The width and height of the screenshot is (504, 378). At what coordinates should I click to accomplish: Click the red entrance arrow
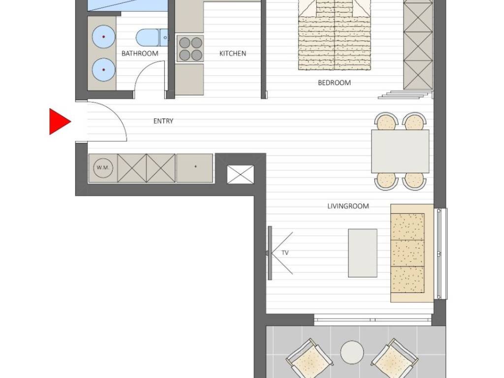click(x=59, y=122)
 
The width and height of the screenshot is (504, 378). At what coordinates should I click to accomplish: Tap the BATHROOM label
click(x=140, y=53)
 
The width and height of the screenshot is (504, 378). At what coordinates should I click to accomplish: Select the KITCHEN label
click(x=233, y=53)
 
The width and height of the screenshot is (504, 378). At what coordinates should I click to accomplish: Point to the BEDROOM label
click(x=334, y=83)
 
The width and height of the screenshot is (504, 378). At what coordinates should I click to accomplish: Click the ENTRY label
click(x=163, y=121)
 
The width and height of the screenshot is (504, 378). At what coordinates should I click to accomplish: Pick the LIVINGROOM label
click(x=348, y=206)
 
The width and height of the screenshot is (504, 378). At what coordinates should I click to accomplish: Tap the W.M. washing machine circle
click(x=103, y=168)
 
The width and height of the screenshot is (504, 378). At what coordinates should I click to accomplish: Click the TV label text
click(x=285, y=253)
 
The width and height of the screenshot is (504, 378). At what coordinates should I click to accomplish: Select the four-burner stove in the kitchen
click(x=190, y=48)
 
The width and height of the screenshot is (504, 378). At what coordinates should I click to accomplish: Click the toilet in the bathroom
click(x=152, y=37)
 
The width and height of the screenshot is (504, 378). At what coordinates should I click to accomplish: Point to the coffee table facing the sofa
click(x=363, y=253)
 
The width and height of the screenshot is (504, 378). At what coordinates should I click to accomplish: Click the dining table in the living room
click(x=400, y=152)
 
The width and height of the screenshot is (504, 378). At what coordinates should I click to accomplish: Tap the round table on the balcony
click(x=352, y=352)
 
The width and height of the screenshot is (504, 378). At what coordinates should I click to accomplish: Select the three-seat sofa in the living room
click(x=412, y=253)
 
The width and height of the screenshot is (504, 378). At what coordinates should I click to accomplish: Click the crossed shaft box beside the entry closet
click(x=240, y=175)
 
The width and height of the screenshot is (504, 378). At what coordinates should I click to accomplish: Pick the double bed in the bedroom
click(x=335, y=35)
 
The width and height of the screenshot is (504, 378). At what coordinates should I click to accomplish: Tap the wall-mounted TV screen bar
click(x=270, y=253)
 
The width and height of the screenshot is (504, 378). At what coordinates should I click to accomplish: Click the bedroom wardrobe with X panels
click(x=418, y=45)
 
